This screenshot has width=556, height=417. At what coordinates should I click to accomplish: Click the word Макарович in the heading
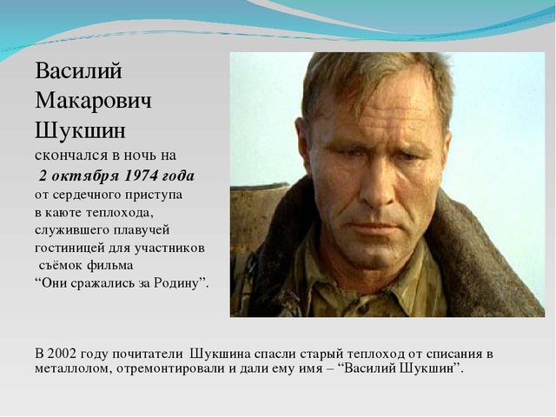(x=93, y=101)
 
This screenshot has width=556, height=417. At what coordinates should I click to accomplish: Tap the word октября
(x=85, y=176)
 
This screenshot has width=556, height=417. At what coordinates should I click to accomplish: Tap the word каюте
(x=64, y=213)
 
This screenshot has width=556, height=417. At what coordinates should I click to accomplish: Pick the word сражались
(x=98, y=283)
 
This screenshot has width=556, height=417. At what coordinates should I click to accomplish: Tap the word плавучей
(x=142, y=230)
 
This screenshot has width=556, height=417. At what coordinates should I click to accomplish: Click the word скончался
(x=71, y=156)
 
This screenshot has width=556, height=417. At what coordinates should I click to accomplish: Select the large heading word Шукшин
(x=80, y=130)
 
